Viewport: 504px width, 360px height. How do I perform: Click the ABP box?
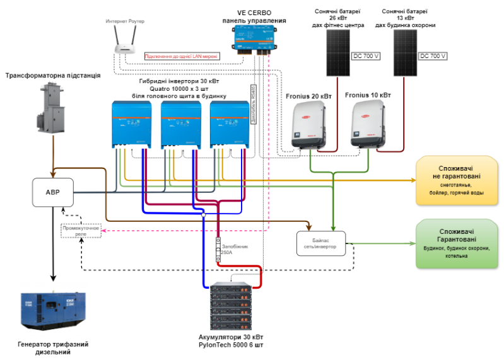click(53, 192)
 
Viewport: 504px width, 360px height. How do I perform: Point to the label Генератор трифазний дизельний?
click(52, 347)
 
